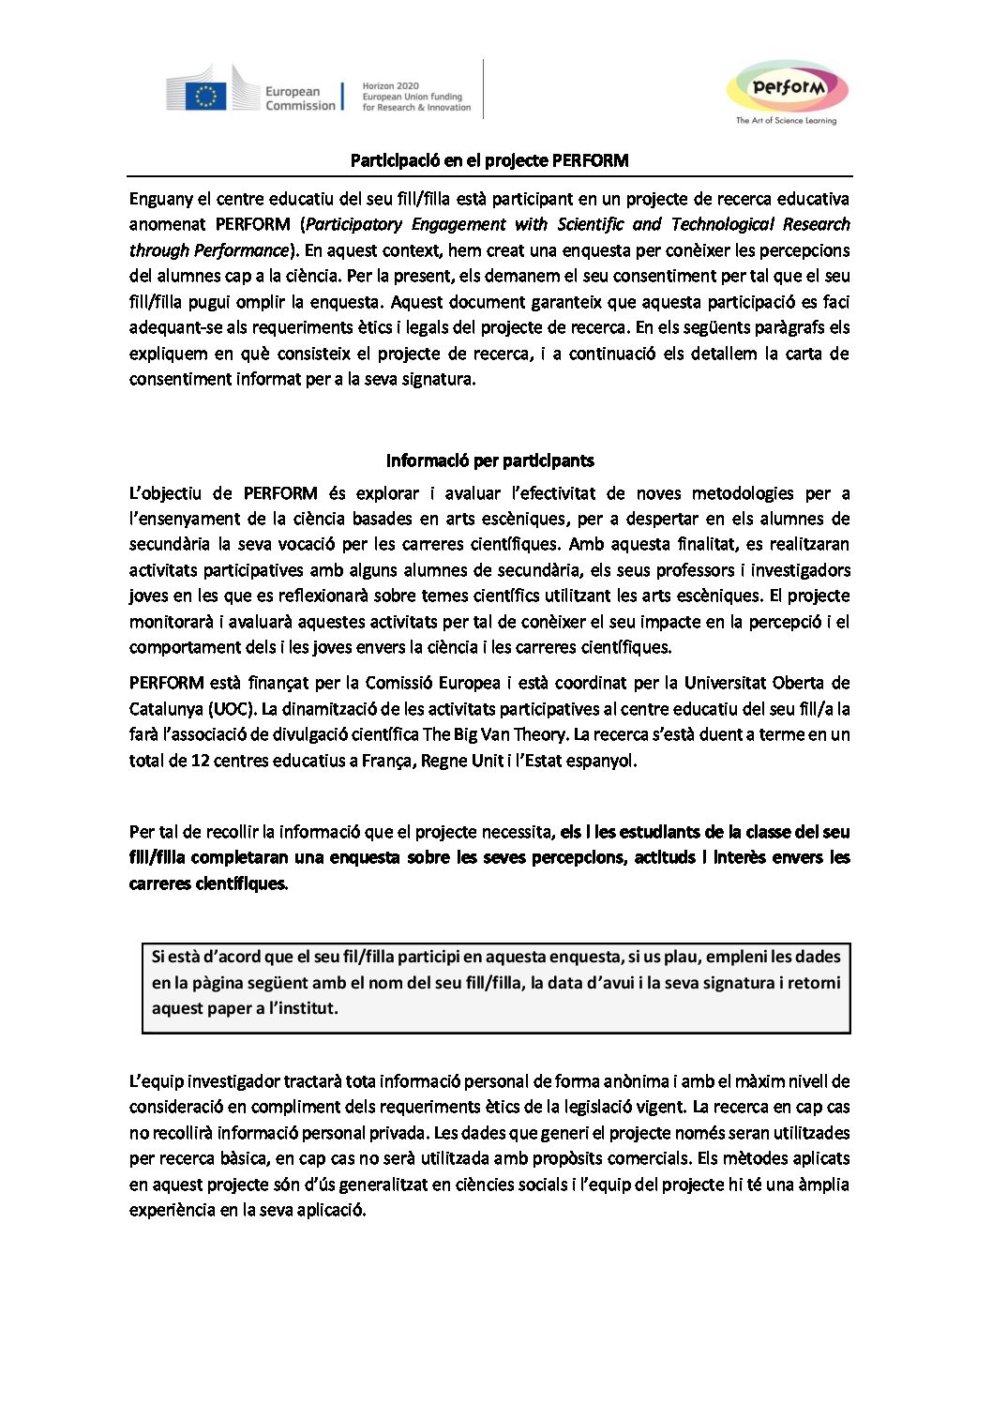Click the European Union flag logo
205,96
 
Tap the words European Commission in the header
299,98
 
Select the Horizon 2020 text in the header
391,85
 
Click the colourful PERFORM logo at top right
788,88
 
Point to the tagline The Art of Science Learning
786,121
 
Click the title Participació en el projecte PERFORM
489,160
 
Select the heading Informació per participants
489,460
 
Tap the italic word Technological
718,224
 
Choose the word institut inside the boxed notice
303,1008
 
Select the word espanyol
601,761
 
